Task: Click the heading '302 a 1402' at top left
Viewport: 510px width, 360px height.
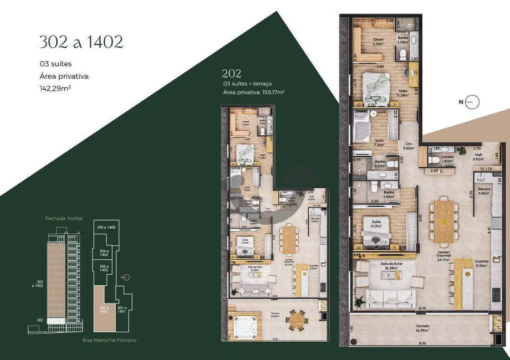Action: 81,42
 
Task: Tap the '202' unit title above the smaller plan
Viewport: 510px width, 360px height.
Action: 231,73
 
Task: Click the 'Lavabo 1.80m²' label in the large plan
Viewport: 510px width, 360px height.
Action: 448,158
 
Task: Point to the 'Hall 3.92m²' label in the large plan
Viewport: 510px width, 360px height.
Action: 478,157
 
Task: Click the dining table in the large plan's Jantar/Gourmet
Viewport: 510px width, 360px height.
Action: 443,222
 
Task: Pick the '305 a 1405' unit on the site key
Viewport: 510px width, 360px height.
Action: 105,228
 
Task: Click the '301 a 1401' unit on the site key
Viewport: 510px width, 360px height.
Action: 121,308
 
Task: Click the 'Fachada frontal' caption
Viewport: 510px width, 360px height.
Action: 64,219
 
